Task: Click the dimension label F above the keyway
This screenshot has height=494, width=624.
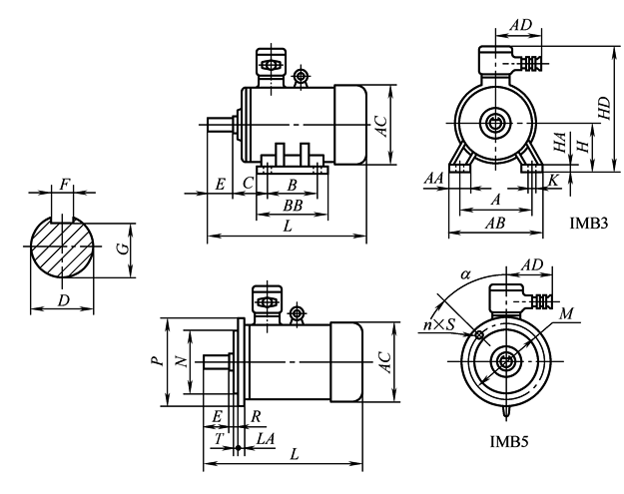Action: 66,186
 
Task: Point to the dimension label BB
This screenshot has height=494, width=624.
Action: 292,206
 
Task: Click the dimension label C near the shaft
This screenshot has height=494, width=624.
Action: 248,184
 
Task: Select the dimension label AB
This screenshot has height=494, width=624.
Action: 493,226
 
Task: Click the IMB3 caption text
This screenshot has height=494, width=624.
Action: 587,221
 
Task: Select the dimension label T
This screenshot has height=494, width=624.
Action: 218,437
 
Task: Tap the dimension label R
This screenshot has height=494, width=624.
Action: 257,413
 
